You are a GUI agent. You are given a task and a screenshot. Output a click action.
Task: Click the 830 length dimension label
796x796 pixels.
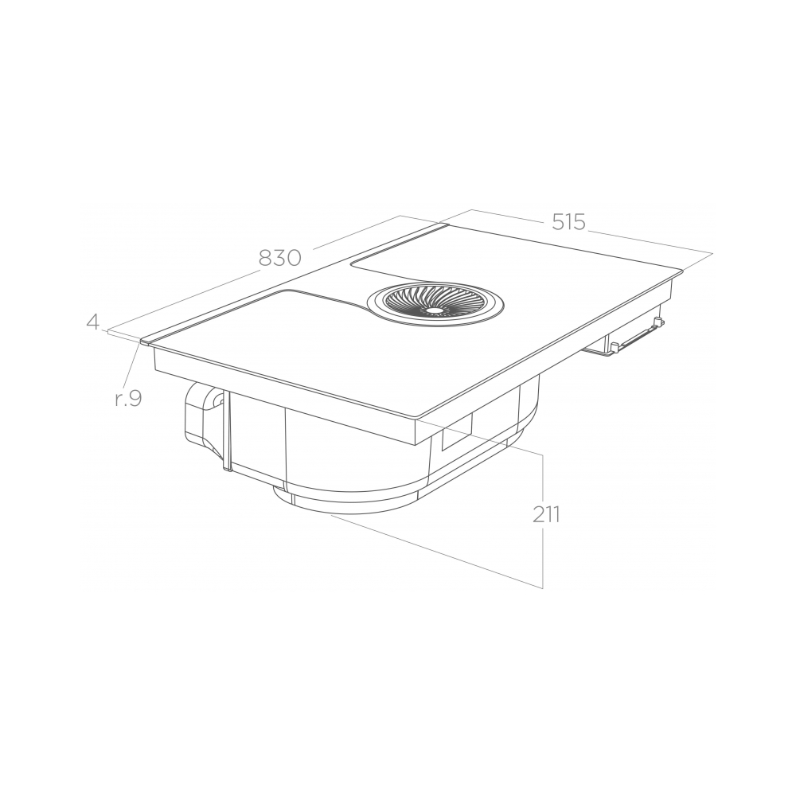point(279,258)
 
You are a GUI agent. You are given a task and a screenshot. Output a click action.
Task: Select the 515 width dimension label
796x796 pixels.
point(568,222)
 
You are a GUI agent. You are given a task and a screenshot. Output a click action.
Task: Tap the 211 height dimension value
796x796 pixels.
point(546,514)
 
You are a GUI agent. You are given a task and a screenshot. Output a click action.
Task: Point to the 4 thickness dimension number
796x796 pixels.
point(93,322)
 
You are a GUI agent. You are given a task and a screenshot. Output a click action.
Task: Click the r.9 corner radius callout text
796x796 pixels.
point(127,399)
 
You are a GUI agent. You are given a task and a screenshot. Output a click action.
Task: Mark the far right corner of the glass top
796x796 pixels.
point(682,271)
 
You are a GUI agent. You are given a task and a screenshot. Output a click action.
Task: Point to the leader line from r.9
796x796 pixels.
point(135,366)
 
